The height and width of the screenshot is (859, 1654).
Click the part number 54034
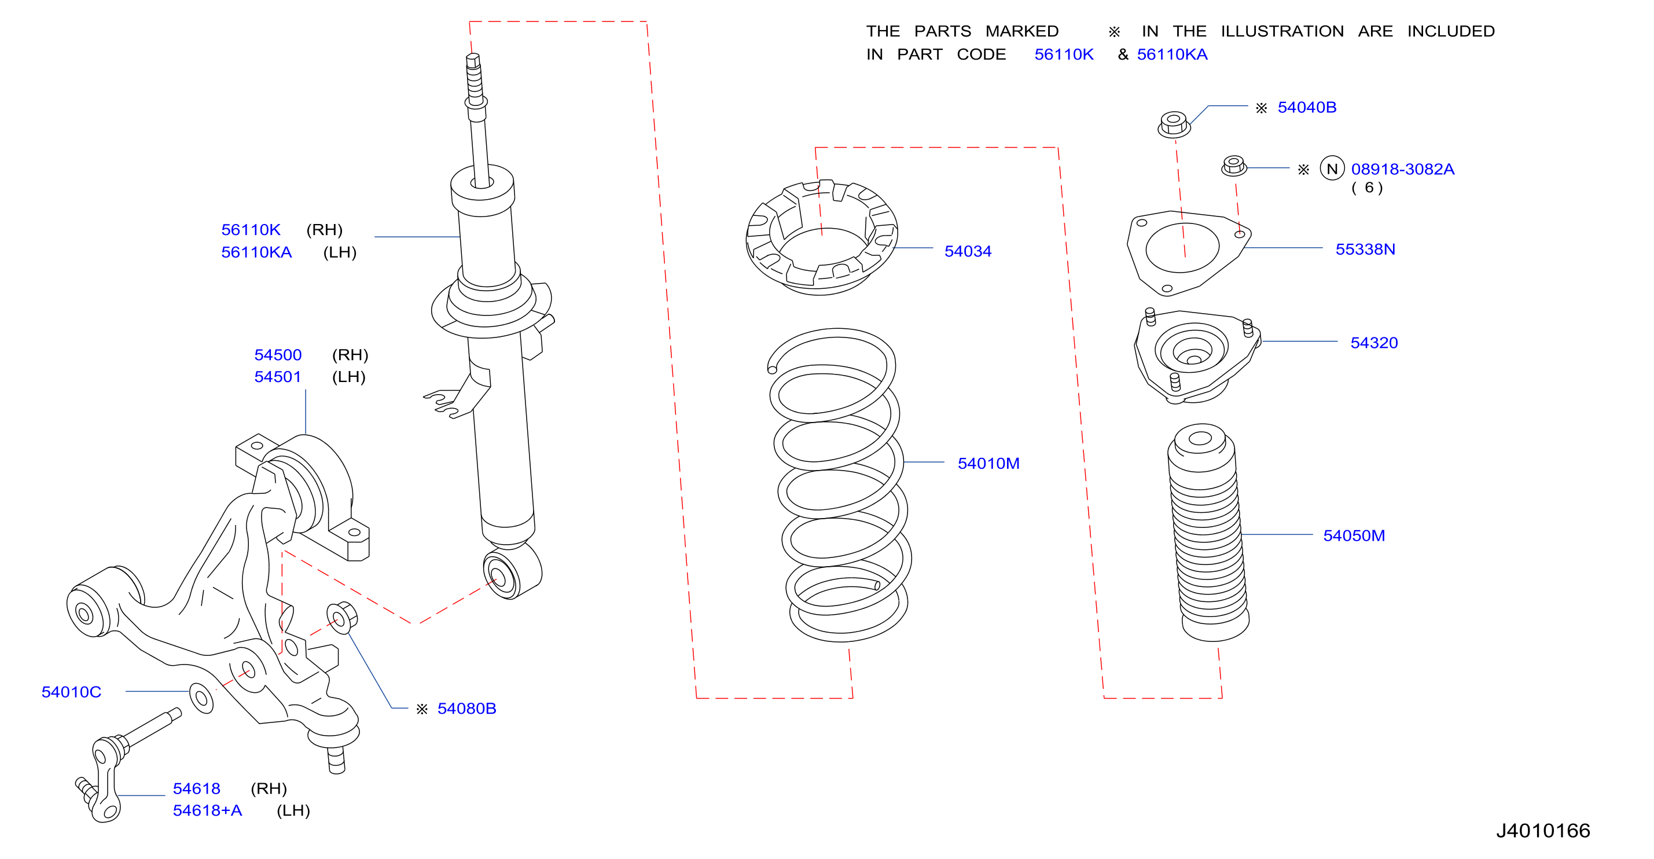click(x=968, y=251)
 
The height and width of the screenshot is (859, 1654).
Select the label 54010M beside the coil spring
click(x=988, y=463)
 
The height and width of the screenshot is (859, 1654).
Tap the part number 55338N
click(x=1365, y=249)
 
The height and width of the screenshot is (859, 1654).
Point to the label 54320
click(x=1374, y=343)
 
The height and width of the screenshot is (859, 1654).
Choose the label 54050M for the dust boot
click(x=1354, y=535)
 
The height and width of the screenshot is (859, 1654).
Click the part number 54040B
click(x=1307, y=107)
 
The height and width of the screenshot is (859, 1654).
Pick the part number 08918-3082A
click(x=1402, y=169)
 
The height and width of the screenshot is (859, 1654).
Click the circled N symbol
click(x=1332, y=169)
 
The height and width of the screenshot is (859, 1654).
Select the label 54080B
click(x=467, y=708)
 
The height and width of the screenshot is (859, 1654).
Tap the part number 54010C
click(x=71, y=692)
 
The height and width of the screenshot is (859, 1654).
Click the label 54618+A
click(x=207, y=810)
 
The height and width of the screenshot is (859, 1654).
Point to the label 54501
click(x=277, y=376)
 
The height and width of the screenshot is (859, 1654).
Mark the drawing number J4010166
click(x=1542, y=830)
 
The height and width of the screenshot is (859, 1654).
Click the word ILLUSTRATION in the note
click(x=1282, y=31)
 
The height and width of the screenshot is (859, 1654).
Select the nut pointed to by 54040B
click(x=1174, y=124)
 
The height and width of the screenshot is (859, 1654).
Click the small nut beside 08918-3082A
click(x=1233, y=166)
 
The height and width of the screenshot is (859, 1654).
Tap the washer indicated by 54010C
click(x=201, y=698)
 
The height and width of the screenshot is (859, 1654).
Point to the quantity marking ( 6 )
click(x=1366, y=188)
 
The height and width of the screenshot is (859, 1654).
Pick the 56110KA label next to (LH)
click(x=256, y=252)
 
